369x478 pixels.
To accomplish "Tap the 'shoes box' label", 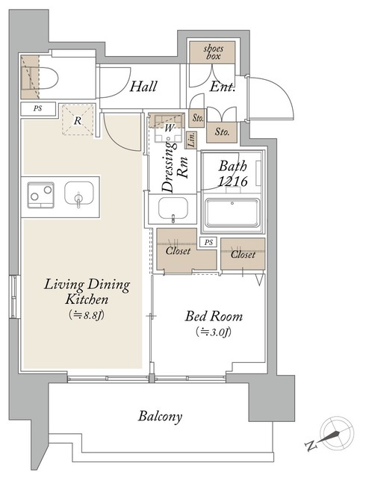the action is click(x=213, y=52).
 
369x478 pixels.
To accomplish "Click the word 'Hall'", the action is click(x=143, y=87).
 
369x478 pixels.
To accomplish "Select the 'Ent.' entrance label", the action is click(x=223, y=87).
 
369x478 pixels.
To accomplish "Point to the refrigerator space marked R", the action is click(x=78, y=119).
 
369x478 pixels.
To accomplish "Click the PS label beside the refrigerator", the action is click(x=38, y=108).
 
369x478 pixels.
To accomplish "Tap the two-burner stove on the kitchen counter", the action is click(x=41, y=195).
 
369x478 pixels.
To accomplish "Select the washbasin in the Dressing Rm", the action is click(x=173, y=208).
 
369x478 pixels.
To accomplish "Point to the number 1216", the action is click(x=232, y=181).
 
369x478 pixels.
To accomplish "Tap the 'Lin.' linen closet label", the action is click(x=192, y=140).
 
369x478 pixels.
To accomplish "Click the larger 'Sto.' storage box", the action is click(x=222, y=132).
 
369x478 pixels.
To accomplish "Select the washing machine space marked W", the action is click(x=168, y=128).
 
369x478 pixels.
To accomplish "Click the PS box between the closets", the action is click(x=208, y=242).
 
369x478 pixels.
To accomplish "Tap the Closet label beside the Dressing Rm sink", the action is click(x=178, y=251).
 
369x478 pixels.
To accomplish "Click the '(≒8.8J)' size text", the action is click(x=87, y=314).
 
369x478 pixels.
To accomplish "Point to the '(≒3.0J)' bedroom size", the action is click(x=214, y=332).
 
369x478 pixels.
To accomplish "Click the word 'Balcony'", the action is click(x=161, y=416).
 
